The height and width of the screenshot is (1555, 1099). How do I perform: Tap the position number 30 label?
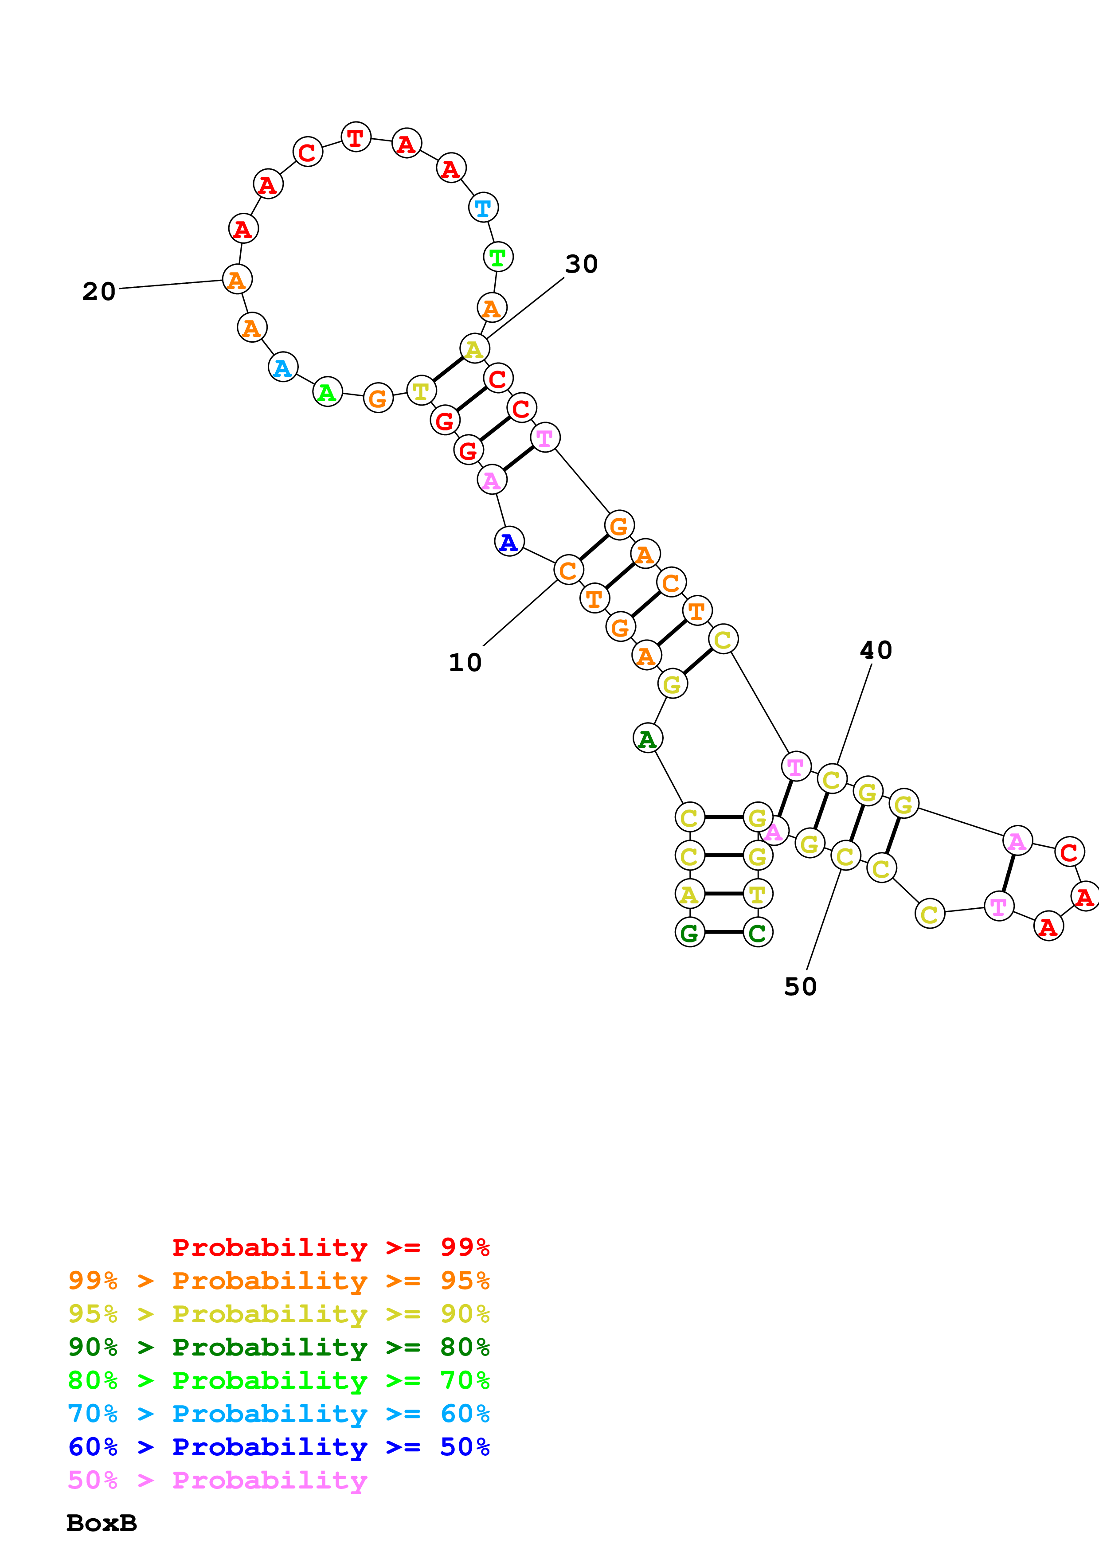581,264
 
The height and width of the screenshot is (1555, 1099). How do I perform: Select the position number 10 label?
465,662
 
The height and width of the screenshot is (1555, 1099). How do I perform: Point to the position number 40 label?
876,650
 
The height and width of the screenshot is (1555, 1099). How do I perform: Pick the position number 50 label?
800,987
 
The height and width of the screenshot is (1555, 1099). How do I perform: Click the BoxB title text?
102,1523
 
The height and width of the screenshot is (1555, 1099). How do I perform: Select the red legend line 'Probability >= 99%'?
330,1247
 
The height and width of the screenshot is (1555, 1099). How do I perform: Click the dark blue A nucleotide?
509,542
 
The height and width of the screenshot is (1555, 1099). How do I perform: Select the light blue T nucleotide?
484,207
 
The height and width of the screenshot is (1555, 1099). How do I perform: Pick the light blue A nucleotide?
283,367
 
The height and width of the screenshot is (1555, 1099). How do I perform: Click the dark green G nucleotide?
690,933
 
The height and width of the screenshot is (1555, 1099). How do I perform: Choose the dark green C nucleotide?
758,933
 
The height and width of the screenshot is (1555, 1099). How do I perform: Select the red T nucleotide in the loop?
356,137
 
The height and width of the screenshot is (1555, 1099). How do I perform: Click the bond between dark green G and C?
724,933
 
